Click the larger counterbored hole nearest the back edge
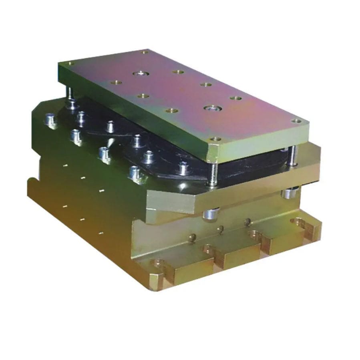click(x=141, y=73)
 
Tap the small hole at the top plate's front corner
click(x=216, y=139)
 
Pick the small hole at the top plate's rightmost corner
click(x=296, y=120)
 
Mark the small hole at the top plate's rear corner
click(x=145, y=52)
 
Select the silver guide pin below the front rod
click(x=211, y=214)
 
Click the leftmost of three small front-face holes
click(x=193, y=237)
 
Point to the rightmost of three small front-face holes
click(x=247, y=221)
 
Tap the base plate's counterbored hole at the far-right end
click(x=300, y=221)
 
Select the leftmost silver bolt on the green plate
click(x=50, y=119)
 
